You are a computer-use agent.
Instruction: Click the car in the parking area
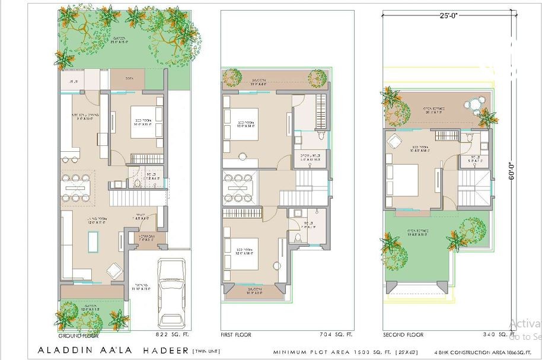point(171,285)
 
